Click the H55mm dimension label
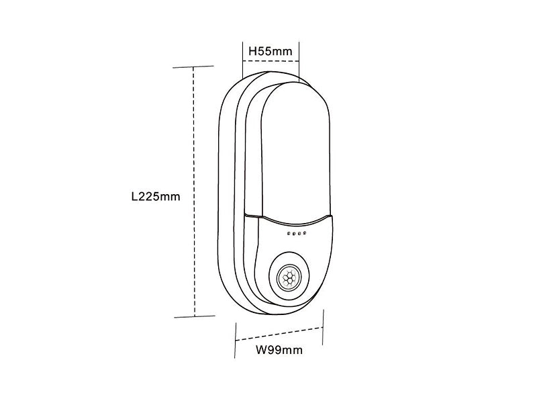tap(270, 50)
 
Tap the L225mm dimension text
tap(156, 197)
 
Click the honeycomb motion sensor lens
tap(290, 277)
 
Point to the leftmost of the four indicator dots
tap(288, 234)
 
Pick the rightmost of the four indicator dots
tap(305, 234)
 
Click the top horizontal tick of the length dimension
tap(194, 67)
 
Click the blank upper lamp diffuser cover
tap(292, 148)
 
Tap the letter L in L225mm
tap(134, 197)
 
